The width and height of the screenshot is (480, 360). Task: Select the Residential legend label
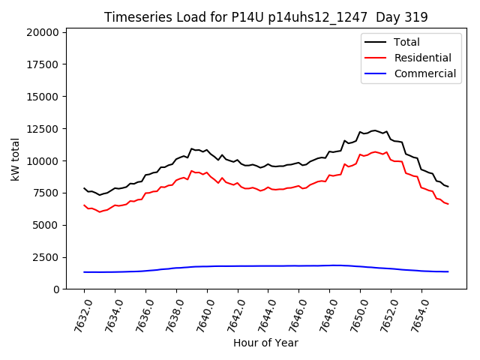pyautogui.click(x=422, y=58)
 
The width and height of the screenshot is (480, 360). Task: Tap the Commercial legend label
pyautogui.click(x=424, y=73)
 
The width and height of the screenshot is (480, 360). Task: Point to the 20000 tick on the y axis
pyautogui.click(x=42, y=32)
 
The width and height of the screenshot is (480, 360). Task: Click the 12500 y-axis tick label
pyautogui.click(x=42, y=129)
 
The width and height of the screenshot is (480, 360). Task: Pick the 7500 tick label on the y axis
pyautogui.click(x=45, y=193)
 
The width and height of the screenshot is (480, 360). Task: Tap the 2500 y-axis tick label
pyautogui.click(x=45, y=257)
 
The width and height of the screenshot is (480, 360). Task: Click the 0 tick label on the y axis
pyautogui.click(x=56, y=289)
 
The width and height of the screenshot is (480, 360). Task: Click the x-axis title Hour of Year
pyautogui.click(x=265, y=343)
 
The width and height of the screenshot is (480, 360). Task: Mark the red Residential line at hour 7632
pyautogui.click(x=84, y=205)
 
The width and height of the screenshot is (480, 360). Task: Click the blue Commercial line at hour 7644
pyautogui.click(x=268, y=265)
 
